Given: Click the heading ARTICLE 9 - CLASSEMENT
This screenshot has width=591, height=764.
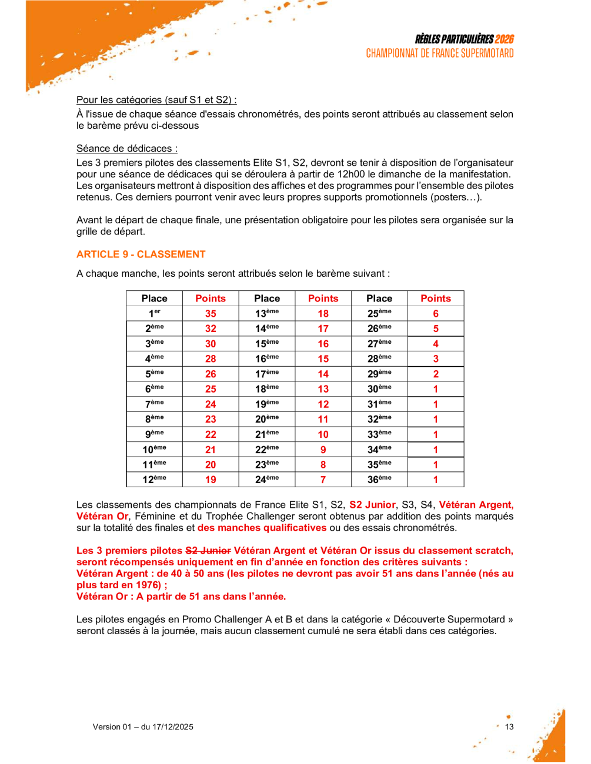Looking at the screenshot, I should click(x=141, y=254).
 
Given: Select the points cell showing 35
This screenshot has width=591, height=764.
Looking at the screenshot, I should click(x=211, y=314).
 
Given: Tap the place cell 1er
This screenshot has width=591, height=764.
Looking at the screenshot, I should click(x=154, y=314).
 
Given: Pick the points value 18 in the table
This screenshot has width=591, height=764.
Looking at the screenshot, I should click(x=323, y=314).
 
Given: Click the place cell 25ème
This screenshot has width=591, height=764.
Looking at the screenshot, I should click(x=379, y=314).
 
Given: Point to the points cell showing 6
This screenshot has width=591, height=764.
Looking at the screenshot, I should click(x=436, y=314).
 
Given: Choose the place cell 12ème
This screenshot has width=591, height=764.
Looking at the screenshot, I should click(x=154, y=480).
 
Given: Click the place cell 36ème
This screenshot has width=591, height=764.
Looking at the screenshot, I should click(x=379, y=480).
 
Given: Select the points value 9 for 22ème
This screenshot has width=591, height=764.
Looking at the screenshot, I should click(x=323, y=450).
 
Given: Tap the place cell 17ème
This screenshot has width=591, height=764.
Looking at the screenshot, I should click(x=267, y=374).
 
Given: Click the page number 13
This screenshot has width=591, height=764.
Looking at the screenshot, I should click(x=509, y=727).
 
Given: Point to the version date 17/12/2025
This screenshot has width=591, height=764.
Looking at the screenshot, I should click(x=173, y=727).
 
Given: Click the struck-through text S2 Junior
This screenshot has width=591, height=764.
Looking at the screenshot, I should click(x=208, y=551).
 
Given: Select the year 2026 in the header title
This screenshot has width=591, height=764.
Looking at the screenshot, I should click(x=504, y=39).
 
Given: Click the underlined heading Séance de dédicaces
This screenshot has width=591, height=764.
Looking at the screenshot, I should click(x=126, y=149).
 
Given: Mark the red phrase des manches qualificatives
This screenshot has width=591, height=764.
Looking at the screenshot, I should click(x=262, y=528).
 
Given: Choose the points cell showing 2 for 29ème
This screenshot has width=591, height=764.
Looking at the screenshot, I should click(x=436, y=374).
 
